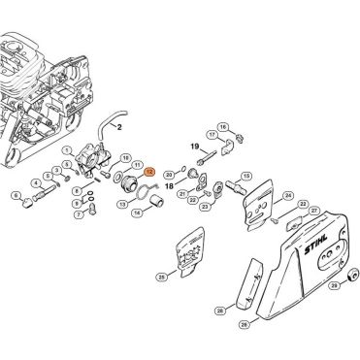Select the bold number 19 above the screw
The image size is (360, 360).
(x=194, y=147)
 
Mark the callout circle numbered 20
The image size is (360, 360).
(x=169, y=172)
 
